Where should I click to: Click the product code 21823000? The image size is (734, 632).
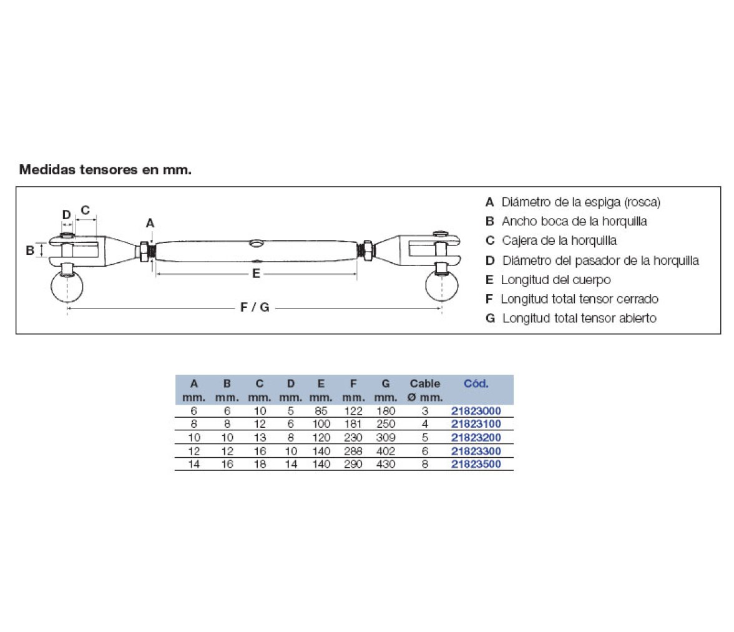point(476,411)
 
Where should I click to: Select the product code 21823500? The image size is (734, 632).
point(476,464)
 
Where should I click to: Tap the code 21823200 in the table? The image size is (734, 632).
point(476,438)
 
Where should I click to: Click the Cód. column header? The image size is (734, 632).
point(476,383)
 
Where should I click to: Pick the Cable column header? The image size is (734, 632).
point(424,383)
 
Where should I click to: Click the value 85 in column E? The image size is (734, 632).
point(321,411)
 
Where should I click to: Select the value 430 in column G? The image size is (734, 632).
point(386,464)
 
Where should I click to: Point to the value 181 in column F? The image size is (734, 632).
point(353,424)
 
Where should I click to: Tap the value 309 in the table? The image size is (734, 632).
point(386,438)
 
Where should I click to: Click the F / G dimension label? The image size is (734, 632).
point(255,307)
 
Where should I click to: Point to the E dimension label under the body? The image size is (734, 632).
point(256,273)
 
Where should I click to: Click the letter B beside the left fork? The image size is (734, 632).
point(30,250)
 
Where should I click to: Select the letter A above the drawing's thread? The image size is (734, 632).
point(150,223)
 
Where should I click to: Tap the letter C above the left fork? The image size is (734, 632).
point(85,210)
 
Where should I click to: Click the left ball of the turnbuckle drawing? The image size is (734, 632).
point(67,286)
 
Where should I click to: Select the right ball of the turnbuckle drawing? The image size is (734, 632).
point(441,285)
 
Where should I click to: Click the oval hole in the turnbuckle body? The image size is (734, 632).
point(257,243)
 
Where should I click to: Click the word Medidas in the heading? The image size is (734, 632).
point(46,170)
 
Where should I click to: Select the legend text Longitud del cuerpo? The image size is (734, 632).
point(555,280)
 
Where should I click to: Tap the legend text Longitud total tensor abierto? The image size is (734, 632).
point(579,318)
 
